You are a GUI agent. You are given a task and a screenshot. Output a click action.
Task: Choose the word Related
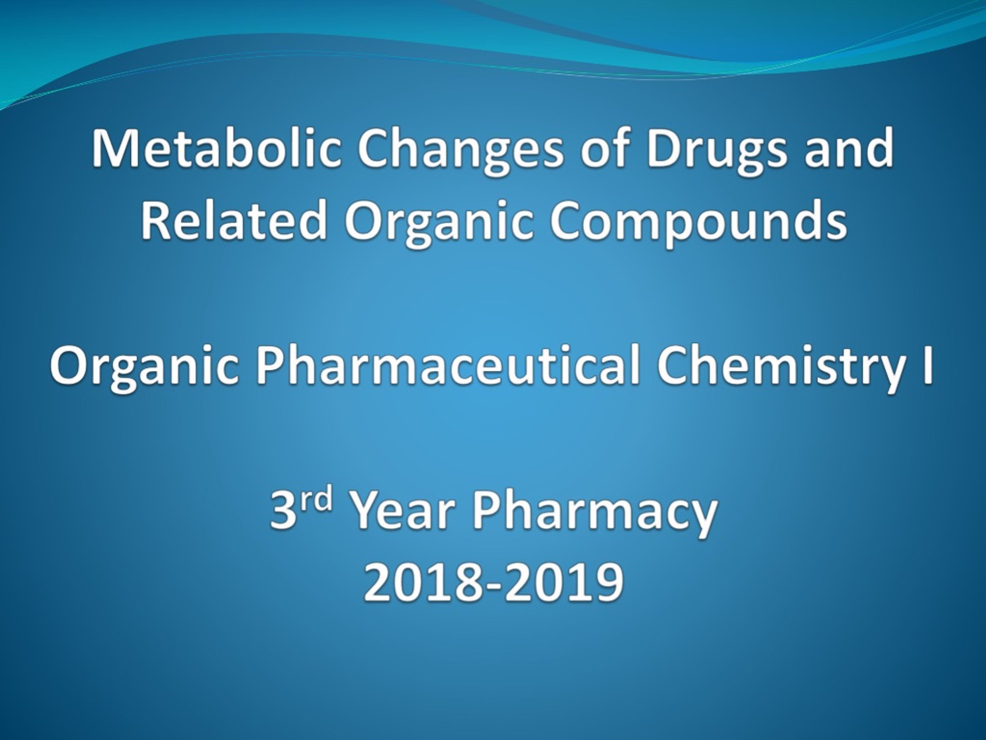[x=234, y=219]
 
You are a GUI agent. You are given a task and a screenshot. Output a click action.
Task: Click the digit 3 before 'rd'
[x=283, y=511]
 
